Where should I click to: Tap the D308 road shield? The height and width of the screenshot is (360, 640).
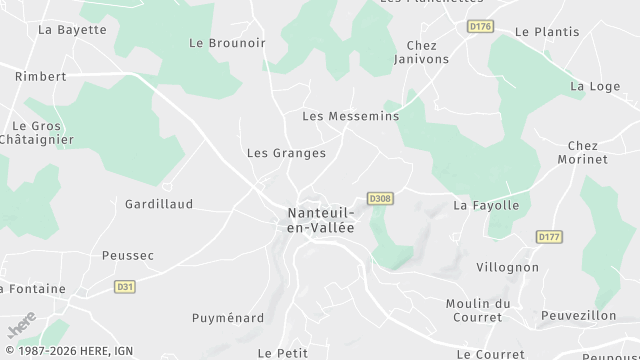(379, 198)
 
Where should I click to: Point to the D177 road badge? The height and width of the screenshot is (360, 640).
(548, 237)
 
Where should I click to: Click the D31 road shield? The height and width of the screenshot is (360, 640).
(124, 287)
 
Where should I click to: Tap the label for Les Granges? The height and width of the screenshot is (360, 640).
(286, 153)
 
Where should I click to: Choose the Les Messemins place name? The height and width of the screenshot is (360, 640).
(350, 116)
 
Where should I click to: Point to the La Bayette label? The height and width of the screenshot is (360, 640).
(72, 30)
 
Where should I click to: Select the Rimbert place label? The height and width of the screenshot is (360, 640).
(41, 76)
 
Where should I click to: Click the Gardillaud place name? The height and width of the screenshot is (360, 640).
(158, 204)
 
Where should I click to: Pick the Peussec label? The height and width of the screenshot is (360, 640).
(128, 256)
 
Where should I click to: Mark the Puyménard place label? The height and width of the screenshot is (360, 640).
(228, 318)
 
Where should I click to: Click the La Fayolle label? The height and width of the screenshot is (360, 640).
(486, 206)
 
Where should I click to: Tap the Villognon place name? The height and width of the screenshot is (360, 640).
(507, 268)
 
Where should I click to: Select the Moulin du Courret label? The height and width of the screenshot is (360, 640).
(478, 310)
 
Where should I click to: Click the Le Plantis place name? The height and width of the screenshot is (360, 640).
(547, 32)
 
